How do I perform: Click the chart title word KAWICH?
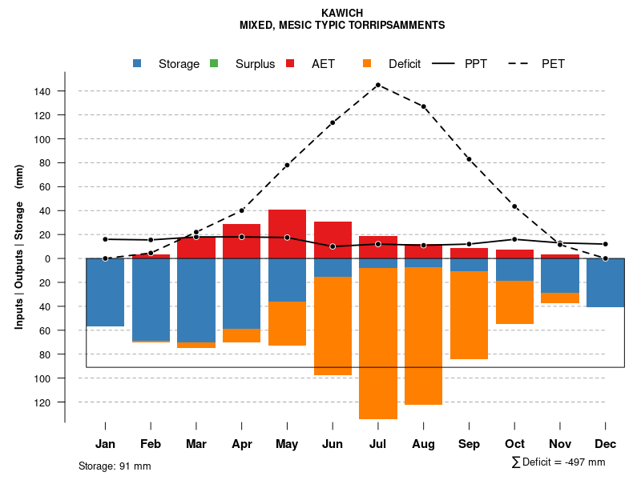point(342,13)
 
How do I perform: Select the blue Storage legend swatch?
point(139,63)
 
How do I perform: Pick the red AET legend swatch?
point(291,63)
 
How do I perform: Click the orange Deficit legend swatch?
point(368,63)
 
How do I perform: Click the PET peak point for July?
point(377,85)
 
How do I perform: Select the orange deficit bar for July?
point(378,344)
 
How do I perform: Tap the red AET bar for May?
point(287,234)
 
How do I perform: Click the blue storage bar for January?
point(105,292)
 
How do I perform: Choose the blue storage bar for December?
point(606,282)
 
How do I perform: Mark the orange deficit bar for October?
point(514,302)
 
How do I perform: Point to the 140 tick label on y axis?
point(42,91)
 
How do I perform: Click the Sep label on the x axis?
point(470,444)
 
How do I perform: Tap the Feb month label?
point(151,444)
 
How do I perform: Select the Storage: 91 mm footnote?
point(115,466)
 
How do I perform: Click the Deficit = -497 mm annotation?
point(558,462)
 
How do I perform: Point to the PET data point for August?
point(424,106)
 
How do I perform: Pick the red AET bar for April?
point(241,241)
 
